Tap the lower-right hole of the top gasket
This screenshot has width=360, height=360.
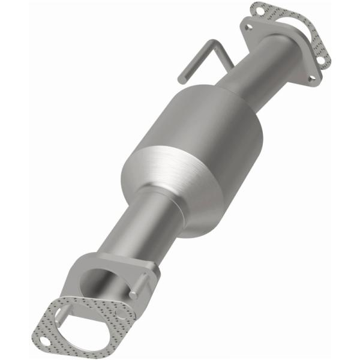[x=322, y=60]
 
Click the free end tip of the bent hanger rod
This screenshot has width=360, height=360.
[x=181, y=78]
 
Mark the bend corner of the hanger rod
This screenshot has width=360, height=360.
[x=211, y=42]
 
